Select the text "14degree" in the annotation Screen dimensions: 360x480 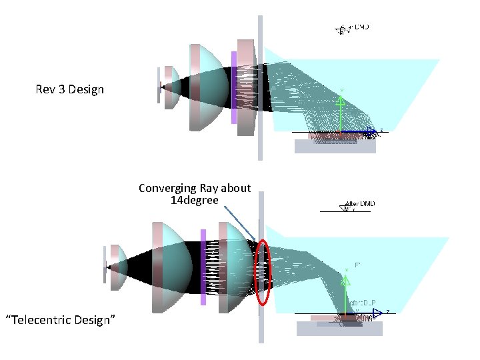[x=194, y=199]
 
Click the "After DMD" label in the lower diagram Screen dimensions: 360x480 [x=360, y=203]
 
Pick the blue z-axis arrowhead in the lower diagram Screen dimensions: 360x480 [x=377, y=311]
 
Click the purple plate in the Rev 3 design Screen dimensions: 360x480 [x=234, y=87]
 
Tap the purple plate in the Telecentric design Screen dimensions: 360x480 [x=203, y=267]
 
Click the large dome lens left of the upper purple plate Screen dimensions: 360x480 [x=207, y=87]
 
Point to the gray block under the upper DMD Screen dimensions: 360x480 [x=335, y=146]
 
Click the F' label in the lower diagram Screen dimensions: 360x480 [x=358, y=265]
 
